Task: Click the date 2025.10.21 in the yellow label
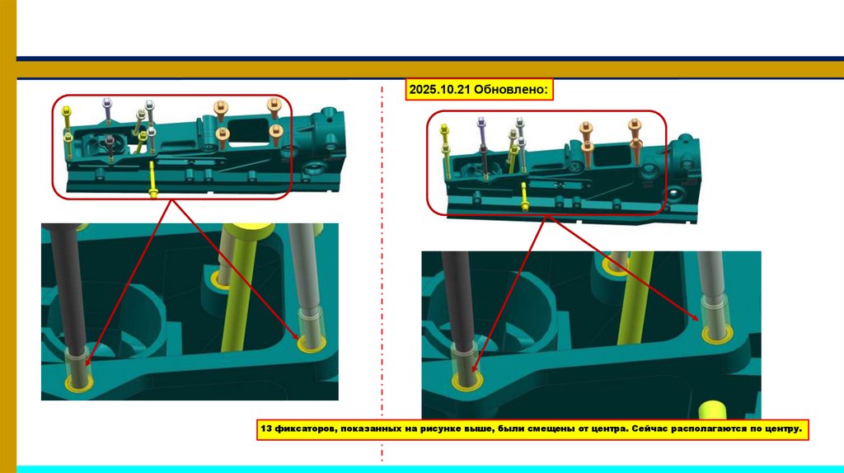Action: (x=439, y=90)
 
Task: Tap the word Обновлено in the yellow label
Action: (x=510, y=90)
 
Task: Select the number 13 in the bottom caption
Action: (x=266, y=429)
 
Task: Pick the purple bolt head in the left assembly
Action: (x=107, y=101)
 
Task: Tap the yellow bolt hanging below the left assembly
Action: (x=152, y=179)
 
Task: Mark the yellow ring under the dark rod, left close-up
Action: (x=79, y=382)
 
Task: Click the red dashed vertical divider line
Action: (x=382, y=274)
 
